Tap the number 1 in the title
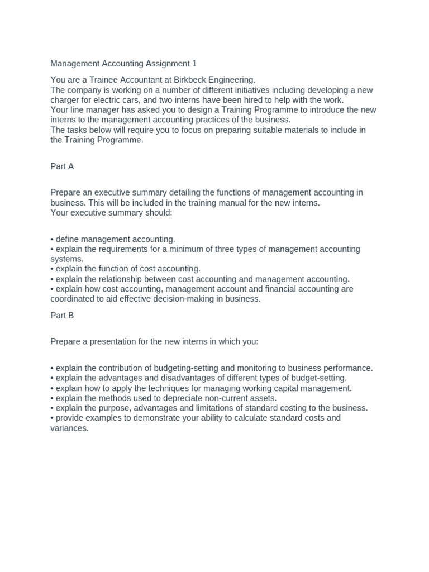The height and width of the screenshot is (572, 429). (194, 64)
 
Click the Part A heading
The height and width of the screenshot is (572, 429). (62, 166)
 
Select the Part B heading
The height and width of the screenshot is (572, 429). (62, 316)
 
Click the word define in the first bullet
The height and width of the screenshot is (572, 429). (68, 239)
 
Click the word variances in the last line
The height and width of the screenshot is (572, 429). (69, 428)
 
